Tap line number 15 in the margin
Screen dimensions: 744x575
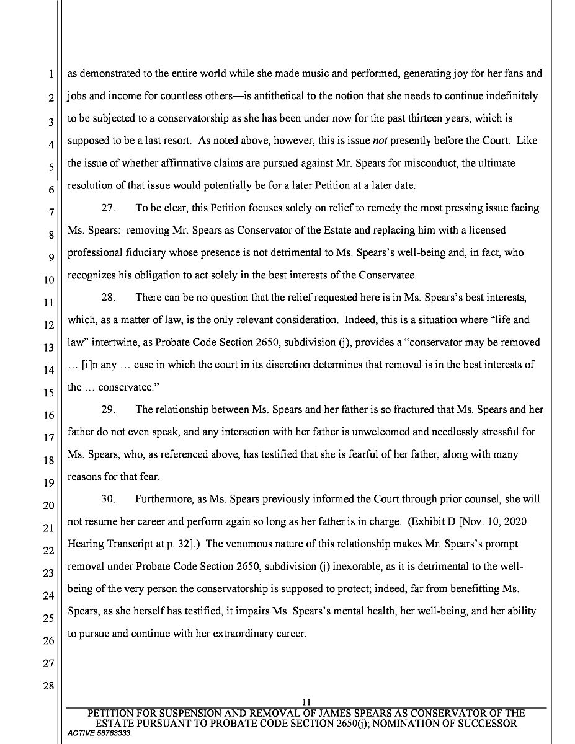[x=48, y=393]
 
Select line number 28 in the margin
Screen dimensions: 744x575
[x=48, y=686]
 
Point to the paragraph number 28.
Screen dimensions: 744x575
[x=109, y=298]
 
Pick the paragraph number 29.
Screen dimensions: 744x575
[x=109, y=409]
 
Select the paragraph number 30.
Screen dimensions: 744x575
[x=109, y=498]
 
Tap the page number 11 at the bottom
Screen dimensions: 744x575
[x=305, y=701]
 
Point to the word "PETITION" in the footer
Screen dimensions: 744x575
[x=114, y=714]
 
